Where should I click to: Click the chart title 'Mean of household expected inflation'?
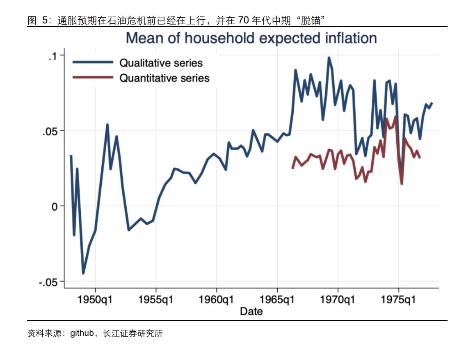click(x=251, y=38)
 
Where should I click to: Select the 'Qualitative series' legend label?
click(x=161, y=63)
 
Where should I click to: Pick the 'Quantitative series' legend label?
click(x=164, y=78)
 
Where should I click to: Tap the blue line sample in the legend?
click(x=93, y=62)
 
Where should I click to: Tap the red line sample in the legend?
click(x=93, y=77)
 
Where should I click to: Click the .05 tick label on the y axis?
click(x=51, y=131)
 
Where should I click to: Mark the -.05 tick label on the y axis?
click(x=49, y=282)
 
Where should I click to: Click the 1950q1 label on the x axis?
click(x=95, y=300)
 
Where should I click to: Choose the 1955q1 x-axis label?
click(x=156, y=300)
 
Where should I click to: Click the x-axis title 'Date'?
click(x=251, y=311)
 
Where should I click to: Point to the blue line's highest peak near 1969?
click(x=329, y=58)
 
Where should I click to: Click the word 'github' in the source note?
click(x=82, y=333)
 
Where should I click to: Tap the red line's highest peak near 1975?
click(x=396, y=116)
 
